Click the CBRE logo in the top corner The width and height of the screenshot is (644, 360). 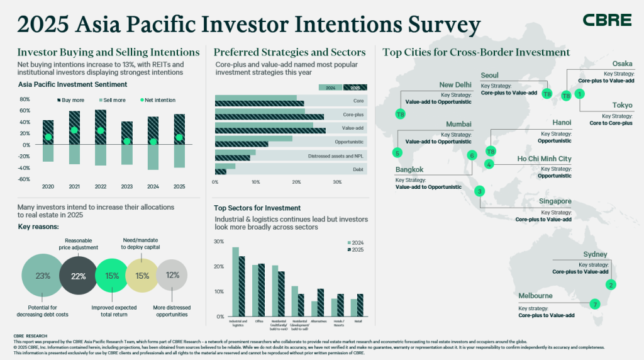[x=607, y=20]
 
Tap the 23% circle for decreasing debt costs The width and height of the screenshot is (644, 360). [x=43, y=276]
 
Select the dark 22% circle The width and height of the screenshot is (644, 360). [x=78, y=276]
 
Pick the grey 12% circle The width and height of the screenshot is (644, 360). [x=172, y=276]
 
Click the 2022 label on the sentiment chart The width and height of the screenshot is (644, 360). [x=101, y=187]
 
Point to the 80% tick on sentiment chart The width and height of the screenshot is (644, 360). [x=25, y=99]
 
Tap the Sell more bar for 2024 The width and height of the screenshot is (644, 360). [x=153, y=157]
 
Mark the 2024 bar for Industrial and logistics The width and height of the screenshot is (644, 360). [x=236, y=281]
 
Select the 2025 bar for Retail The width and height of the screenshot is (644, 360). [x=359, y=305]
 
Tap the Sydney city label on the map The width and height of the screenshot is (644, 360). [x=595, y=254]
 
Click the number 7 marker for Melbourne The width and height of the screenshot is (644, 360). [x=595, y=304]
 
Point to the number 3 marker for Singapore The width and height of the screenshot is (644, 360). [x=479, y=191]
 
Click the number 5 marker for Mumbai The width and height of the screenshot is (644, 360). [x=397, y=152]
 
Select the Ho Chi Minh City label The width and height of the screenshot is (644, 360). [x=544, y=159]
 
